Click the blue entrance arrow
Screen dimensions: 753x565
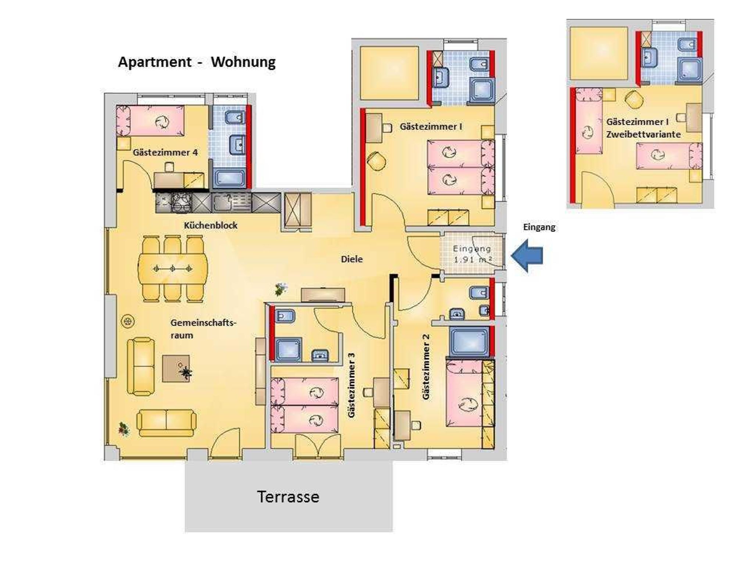point(527,256)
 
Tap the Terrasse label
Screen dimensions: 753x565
point(288,497)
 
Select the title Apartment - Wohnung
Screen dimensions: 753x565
point(197,62)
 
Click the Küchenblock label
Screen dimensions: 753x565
point(211,225)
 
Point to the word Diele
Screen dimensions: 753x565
point(352,259)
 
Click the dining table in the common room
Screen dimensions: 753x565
point(172,269)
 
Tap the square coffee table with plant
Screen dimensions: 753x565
point(176,368)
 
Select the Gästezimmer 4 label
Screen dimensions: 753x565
point(165,152)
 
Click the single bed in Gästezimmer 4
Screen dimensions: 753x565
point(150,121)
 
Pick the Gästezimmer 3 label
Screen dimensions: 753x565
point(351,385)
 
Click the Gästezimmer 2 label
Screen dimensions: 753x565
point(426,367)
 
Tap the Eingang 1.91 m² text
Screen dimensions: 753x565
point(472,254)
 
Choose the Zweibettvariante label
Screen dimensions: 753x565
point(643,134)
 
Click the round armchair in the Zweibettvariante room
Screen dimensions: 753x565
point(634,99)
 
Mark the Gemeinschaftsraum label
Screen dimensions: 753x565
point(203,329)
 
